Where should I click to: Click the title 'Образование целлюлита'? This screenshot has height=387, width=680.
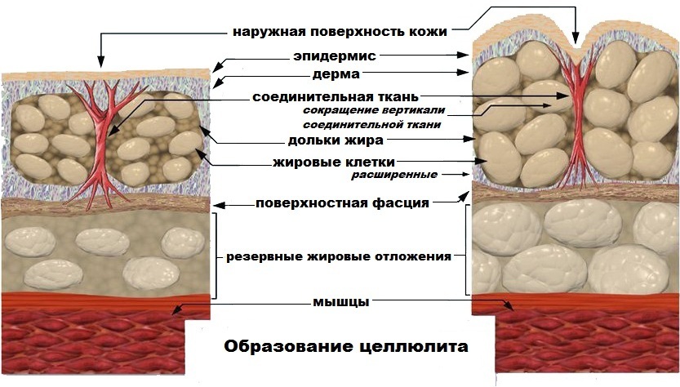coord(345,347)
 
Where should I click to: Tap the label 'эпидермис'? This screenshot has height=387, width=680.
coord(335,56)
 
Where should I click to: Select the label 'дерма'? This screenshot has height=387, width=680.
coord(336,74)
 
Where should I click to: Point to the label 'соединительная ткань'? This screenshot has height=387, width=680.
coord(336,96)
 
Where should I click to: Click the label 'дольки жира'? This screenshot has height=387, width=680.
coord(336,140)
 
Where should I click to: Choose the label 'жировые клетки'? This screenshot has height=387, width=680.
coord(334,162)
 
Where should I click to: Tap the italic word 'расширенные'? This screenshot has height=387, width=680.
coord(394,175)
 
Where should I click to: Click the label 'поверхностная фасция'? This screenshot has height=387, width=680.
coord(342,203)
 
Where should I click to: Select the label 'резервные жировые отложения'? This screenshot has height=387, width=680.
coord(339,256)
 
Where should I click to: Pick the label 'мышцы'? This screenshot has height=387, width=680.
coord(341,302)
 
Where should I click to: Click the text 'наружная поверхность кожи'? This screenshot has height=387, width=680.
coord(340,32)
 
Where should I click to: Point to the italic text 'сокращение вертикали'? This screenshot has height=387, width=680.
coord(374,110)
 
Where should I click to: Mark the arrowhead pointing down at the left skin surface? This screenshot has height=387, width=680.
coord(100,63)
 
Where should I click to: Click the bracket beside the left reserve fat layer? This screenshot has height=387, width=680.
coord(215,256)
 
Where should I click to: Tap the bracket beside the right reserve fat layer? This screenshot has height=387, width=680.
coord(468,250)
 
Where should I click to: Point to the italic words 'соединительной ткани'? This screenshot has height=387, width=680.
coord(371,125)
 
